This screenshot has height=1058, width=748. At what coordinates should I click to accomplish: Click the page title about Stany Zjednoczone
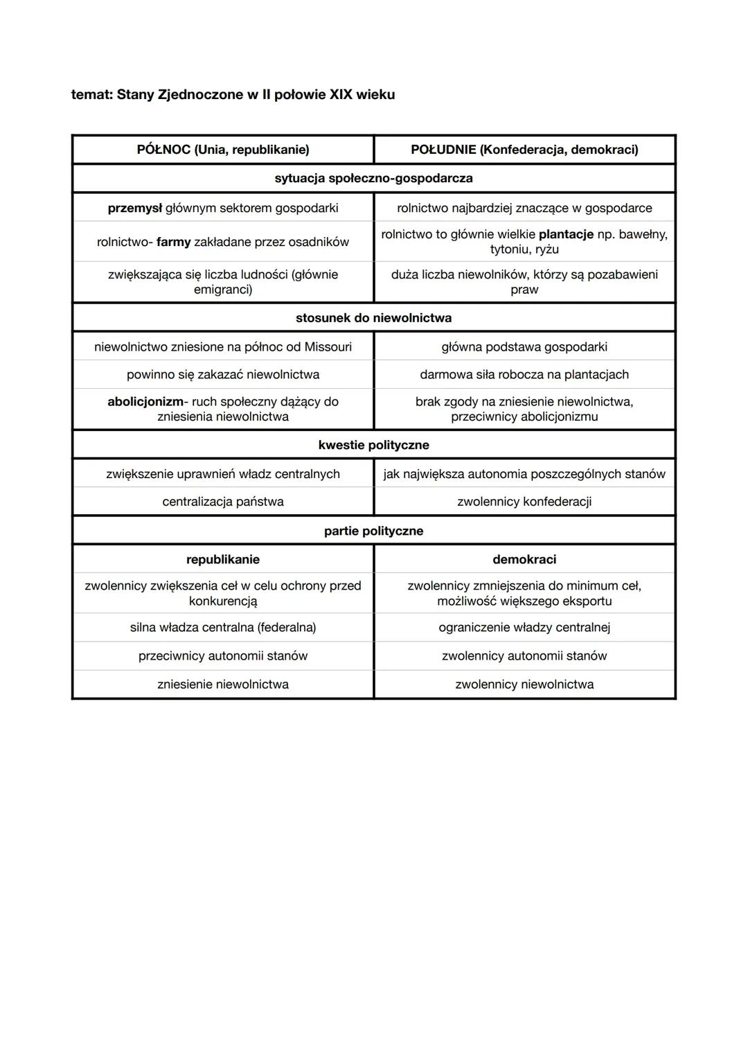233,94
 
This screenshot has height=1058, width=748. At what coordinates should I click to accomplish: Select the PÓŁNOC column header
223,150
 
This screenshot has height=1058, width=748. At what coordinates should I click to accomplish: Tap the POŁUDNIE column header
524,150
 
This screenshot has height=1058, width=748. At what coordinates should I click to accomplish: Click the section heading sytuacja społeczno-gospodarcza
373,178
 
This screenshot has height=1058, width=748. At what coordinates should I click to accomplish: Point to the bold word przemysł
134,208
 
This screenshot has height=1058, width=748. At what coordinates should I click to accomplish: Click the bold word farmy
173,242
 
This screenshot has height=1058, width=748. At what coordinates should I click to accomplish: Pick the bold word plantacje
566,234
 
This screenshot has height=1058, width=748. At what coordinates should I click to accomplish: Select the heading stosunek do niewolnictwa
373,318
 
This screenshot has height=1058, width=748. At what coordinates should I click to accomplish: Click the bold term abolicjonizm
145,402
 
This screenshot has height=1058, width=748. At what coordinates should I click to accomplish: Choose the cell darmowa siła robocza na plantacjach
524,375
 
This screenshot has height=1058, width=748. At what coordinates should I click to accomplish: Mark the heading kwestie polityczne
373,445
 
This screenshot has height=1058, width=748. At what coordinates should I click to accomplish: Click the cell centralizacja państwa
223,502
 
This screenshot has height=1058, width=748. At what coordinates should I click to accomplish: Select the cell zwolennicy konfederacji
524,502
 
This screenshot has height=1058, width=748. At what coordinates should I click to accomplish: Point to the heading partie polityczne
373,531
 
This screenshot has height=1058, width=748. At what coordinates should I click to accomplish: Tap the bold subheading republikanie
223,559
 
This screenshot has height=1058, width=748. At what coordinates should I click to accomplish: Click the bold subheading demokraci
524,559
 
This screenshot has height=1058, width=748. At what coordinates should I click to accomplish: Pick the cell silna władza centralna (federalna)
223,628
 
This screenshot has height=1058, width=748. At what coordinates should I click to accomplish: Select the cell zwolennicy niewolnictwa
524,685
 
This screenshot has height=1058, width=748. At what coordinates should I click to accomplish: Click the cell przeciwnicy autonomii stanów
223,656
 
